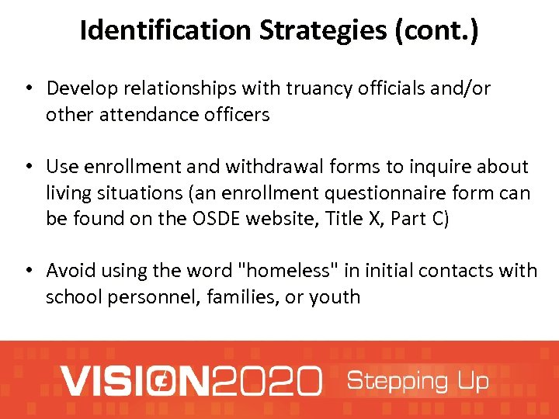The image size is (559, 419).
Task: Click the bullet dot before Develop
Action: click(28, 89)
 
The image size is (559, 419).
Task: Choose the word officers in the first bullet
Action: click(234, 115)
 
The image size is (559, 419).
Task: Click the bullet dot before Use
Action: click(28, 167)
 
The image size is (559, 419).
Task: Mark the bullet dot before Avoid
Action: click(28, 271)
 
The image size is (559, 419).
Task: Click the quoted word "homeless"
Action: click(285, 270)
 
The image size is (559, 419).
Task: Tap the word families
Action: click(241, 296)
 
